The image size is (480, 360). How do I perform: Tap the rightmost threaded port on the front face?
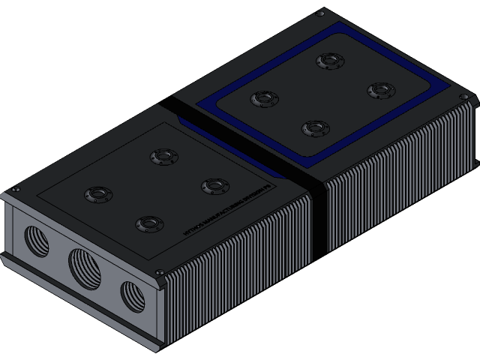click(132, 294)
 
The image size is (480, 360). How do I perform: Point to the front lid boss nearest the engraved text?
click(148, 223)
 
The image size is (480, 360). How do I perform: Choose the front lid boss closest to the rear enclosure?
click(163, 157)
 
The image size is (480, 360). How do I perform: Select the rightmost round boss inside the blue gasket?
click(380, 91)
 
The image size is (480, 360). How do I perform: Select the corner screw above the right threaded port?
click(160, 273)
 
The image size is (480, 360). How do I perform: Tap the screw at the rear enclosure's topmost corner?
click(321, 13)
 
